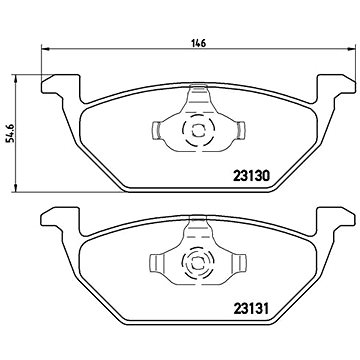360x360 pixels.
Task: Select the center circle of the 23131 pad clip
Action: pos(197,266)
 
